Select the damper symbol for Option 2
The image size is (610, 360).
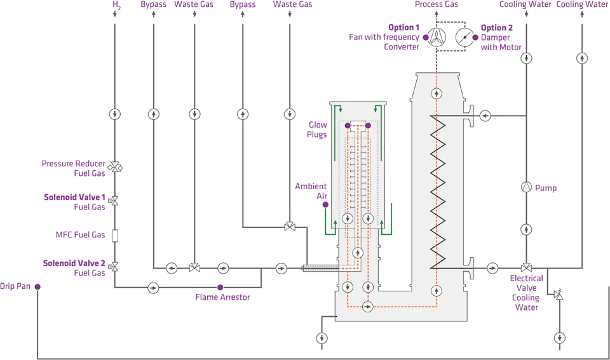464,37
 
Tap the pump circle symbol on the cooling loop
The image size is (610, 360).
526,187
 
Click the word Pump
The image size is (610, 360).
546,188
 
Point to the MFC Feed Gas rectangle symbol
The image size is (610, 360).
115,236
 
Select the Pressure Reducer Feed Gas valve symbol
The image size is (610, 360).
115,167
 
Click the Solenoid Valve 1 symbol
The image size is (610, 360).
115,201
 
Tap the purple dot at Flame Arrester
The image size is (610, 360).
220,288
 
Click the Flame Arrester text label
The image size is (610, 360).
222,297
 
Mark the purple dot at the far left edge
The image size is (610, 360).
37,288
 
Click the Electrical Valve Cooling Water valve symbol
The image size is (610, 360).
526,268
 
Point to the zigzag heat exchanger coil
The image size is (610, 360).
437,190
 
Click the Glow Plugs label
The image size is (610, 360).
317,130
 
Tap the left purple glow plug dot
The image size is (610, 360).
348,126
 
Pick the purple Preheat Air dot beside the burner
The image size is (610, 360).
325,204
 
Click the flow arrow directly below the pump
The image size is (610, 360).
526,229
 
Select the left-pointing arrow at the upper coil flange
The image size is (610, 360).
485,116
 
